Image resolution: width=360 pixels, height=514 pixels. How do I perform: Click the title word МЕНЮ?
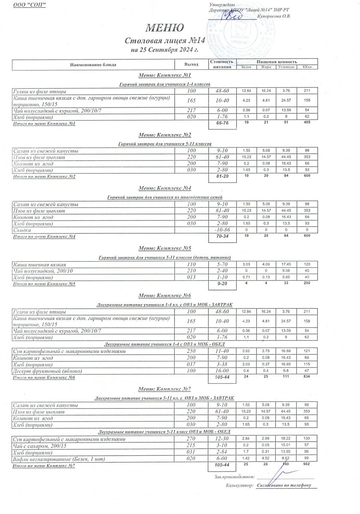[165, 28]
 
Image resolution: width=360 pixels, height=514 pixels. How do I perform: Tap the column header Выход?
[193, 65]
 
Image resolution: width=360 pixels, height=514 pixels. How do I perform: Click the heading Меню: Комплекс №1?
[165, 75]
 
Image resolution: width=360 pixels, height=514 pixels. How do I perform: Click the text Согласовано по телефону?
[284, 486]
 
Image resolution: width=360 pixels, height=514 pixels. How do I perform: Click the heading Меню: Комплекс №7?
[165, 389]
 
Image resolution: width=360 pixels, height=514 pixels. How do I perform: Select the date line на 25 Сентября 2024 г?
[165, 50]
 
